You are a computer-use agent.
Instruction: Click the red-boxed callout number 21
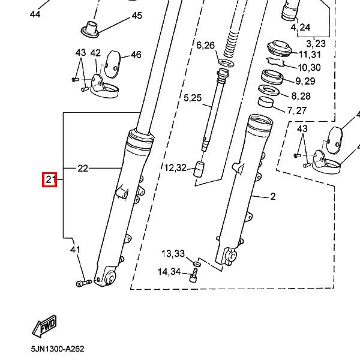(x=49, y=179)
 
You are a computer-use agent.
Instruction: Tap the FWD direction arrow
(x=44, y=326)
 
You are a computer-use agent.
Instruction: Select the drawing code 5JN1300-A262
(x=58, y=349)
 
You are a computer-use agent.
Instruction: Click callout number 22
(x=83, y=168)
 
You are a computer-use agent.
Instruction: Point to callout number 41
(x=76, y=250)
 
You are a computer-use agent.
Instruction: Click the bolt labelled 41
(x=83, y=283)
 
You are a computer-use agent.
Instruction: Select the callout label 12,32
(x=175, y=168)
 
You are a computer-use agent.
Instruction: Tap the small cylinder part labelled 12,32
(x=199, y=169)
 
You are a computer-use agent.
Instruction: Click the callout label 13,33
(x=173, y=254)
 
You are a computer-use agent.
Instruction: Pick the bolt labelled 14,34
(x=194, y=276)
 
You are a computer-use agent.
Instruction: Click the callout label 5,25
(x=193, y=98)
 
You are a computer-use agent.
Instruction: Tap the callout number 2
(x=273, y=197)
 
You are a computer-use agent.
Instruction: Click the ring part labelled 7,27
(x=266, y=102)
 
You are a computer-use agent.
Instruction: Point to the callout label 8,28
(x=301, y=96)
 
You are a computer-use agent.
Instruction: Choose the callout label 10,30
(x=309, y=67)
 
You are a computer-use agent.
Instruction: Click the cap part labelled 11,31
(x=280, y=48)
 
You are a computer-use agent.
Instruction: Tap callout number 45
(x=137, y=16)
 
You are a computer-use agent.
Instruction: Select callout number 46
(x=136, y=55)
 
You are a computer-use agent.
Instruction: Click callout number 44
(x=35, y=14)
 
